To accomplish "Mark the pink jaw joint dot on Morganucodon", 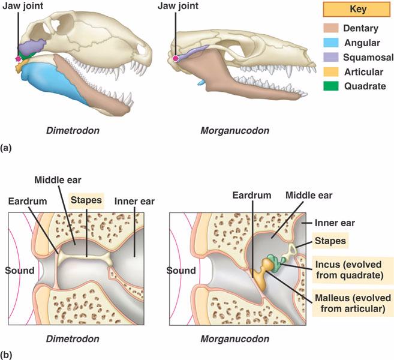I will pos(175,59).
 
